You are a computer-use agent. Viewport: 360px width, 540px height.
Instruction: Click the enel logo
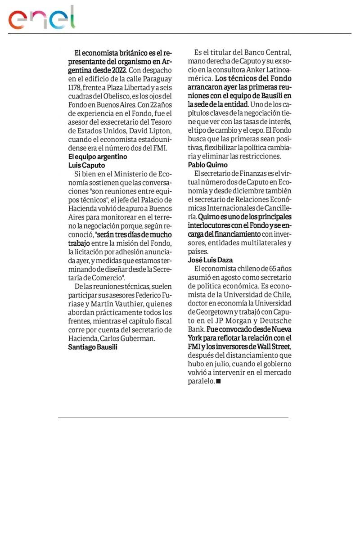42,18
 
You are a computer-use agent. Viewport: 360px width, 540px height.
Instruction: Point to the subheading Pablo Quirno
207,165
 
